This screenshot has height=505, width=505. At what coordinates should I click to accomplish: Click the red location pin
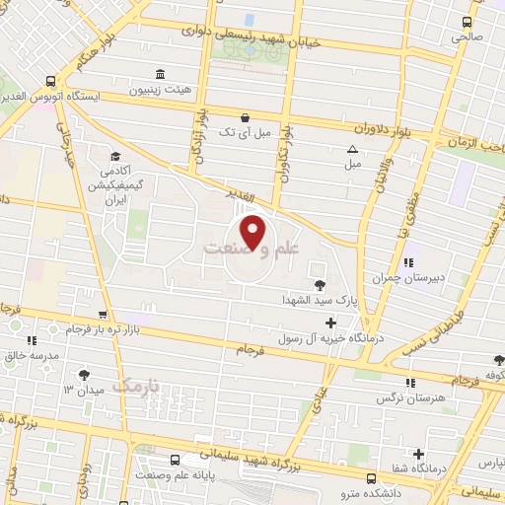(x=253, y=233)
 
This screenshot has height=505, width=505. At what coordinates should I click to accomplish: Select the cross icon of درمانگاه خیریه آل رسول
(x=329, y=323)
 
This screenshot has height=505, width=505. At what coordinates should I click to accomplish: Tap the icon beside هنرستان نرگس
(x=409, y=383)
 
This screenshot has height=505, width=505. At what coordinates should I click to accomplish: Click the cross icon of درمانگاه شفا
(x=419, y=455)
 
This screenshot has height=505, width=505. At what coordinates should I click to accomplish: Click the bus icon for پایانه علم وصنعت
(x=176, y=459)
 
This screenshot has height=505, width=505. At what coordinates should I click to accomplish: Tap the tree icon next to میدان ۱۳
(x=84, y=375)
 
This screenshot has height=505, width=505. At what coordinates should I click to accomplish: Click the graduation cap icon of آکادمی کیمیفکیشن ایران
(x=115, y=156)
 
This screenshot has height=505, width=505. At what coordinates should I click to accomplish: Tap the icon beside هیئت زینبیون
(x=160, y=74)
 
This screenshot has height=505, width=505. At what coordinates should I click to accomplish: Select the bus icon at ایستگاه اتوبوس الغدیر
(x=50, y=82)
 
